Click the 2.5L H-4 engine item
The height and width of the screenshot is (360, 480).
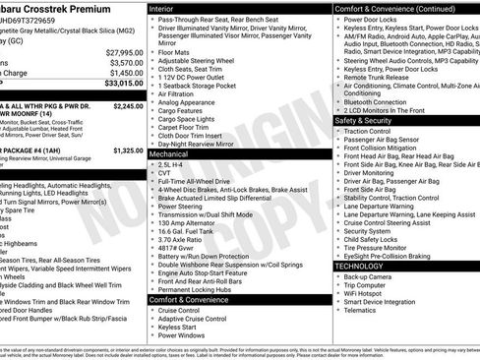(172, 164)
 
